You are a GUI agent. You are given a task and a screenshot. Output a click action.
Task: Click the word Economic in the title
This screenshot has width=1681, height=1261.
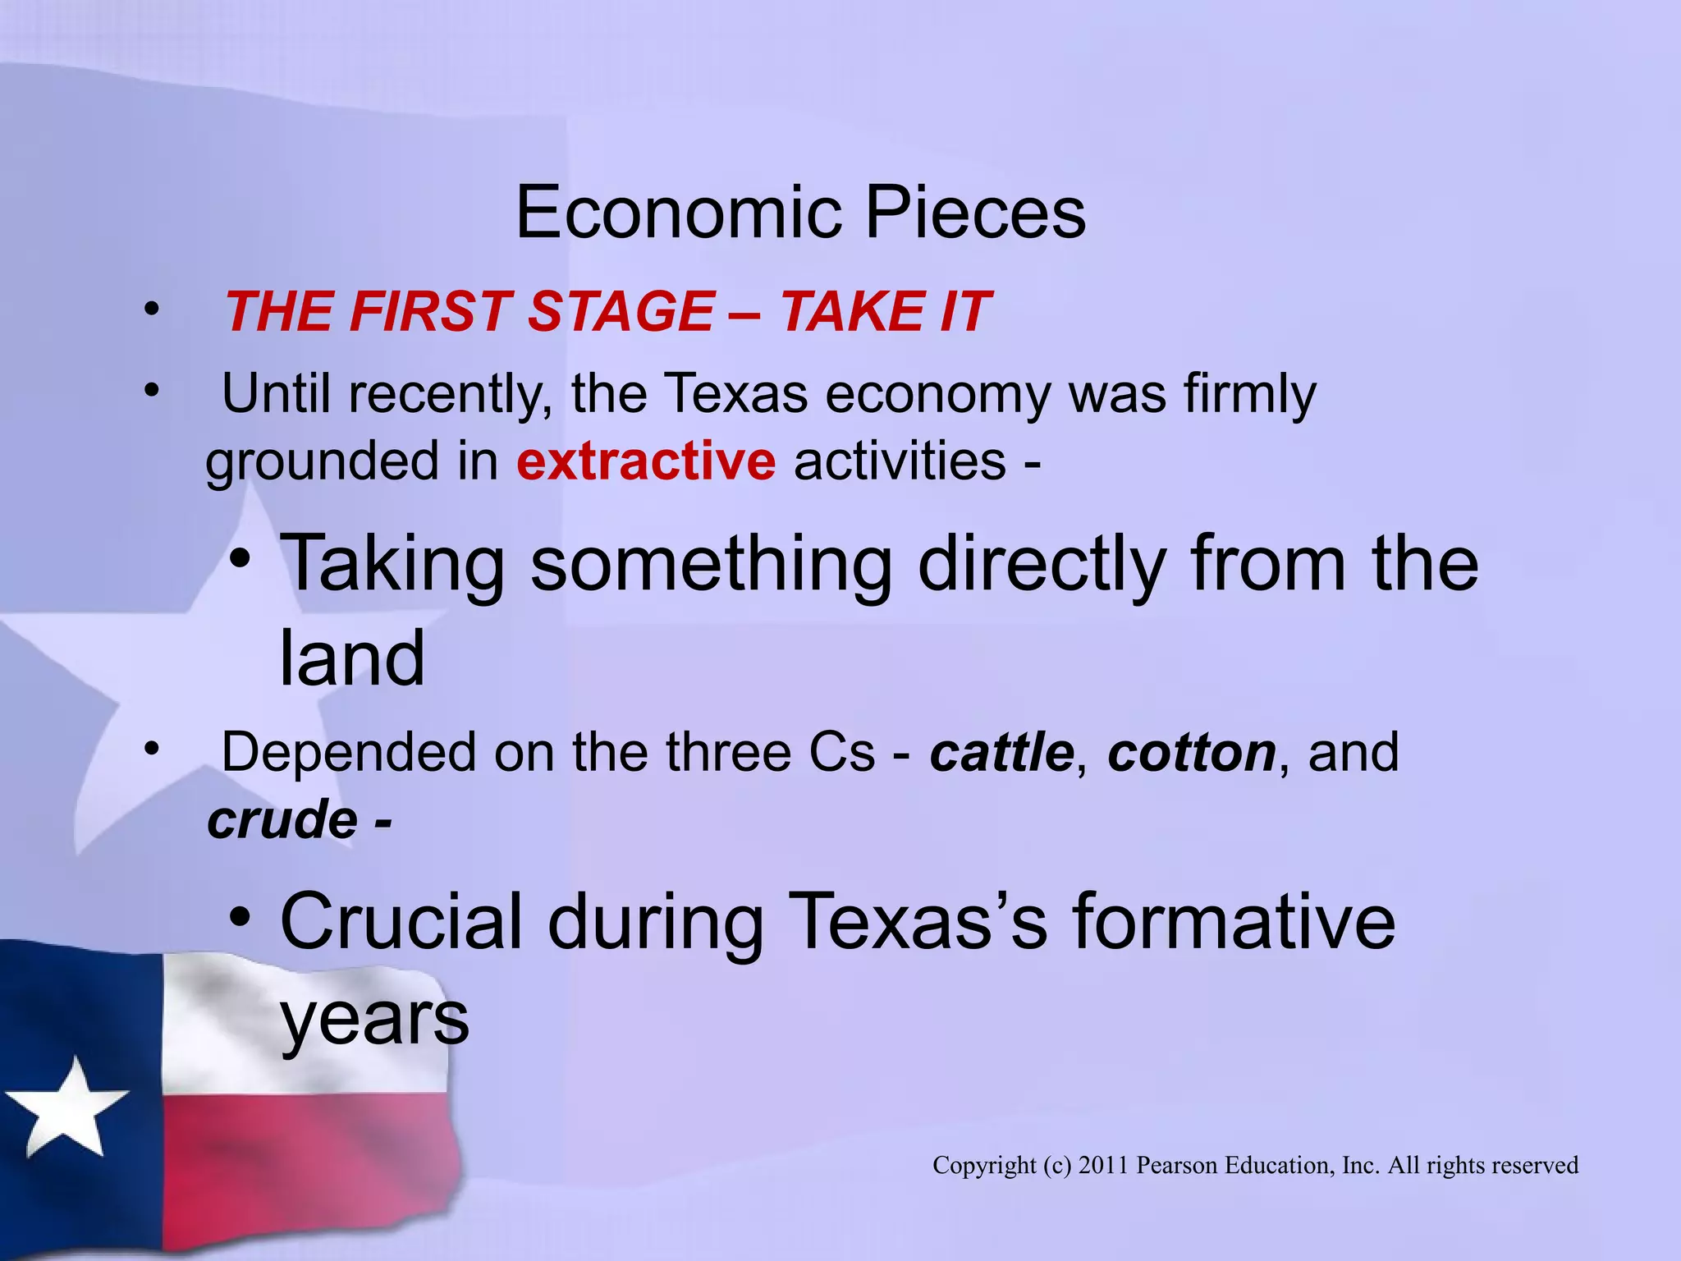click(679, 213)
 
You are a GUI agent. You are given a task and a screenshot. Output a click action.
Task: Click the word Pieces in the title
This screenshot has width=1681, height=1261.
click(976, 213)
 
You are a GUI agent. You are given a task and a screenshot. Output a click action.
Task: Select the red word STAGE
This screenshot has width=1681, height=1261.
click(621, 312)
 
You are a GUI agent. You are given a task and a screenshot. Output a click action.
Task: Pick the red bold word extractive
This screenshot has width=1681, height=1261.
click(646, 461)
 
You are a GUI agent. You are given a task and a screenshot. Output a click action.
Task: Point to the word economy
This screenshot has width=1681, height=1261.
click(937, 395)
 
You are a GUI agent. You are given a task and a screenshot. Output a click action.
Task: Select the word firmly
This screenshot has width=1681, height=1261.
click(1249, 395)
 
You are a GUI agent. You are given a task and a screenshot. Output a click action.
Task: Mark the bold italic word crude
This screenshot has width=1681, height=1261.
click(282, 819)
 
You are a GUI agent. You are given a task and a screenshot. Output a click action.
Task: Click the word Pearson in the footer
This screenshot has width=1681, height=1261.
click(1177, 1165)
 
